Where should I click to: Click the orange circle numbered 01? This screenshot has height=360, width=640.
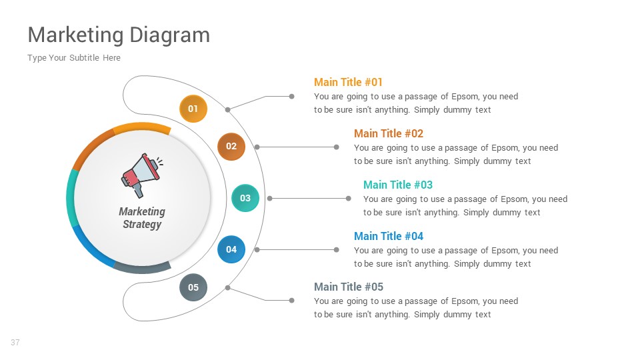click(x=193, y=109)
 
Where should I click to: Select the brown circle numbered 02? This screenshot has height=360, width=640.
click(x=231, y=147)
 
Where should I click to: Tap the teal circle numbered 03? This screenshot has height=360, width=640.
click(x=245, y=198)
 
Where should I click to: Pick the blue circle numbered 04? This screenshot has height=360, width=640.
click(x=231, y=249)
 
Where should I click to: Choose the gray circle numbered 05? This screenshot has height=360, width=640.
click(x=193, y=287)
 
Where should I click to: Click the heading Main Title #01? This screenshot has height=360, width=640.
click(x=348, y=82)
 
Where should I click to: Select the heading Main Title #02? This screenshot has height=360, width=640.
click(x=388, y=133)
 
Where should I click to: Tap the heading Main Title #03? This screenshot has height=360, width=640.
click(x=397, y=185)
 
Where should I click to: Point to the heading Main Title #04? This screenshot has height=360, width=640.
click(x=388, y=236)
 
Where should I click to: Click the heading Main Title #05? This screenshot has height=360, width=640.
click(x=348, y=287)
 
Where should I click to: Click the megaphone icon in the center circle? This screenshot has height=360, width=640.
click(x=141, y=175)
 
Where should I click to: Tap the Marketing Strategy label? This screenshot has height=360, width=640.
click(x=142, y=218)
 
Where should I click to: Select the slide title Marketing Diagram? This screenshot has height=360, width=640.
click(x=119, y=35)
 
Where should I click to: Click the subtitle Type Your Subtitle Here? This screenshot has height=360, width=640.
click(x=74, y=58)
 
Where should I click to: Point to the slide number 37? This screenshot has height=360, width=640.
click(x=15, y=343)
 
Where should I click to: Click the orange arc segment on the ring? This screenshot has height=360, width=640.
click(x=141, y=127)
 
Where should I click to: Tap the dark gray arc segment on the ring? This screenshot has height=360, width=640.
click(x=142, y=268)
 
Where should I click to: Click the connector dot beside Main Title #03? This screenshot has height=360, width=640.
click(x=348, y=198)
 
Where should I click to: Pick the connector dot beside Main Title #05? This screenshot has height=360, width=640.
click(x=291, y=301)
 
